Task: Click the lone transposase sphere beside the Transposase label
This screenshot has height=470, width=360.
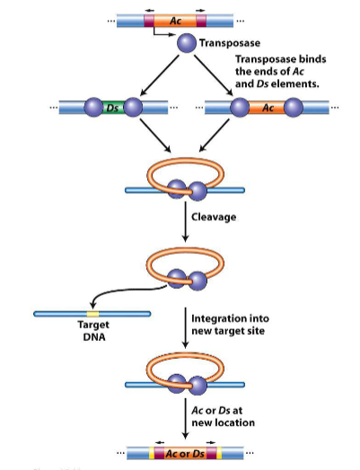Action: [x=186, y=42]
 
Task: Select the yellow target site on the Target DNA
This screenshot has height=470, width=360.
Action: [x=92, y=314]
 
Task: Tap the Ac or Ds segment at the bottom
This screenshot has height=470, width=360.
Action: [x=183, y=453]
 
